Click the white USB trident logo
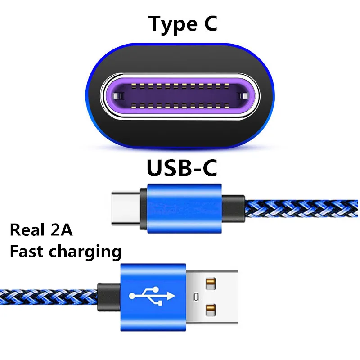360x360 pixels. click(152, 295)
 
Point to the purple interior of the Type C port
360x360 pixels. click(180, 95)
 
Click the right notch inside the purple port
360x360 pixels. click(243, 96)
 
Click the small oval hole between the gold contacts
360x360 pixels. click(196, 297)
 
